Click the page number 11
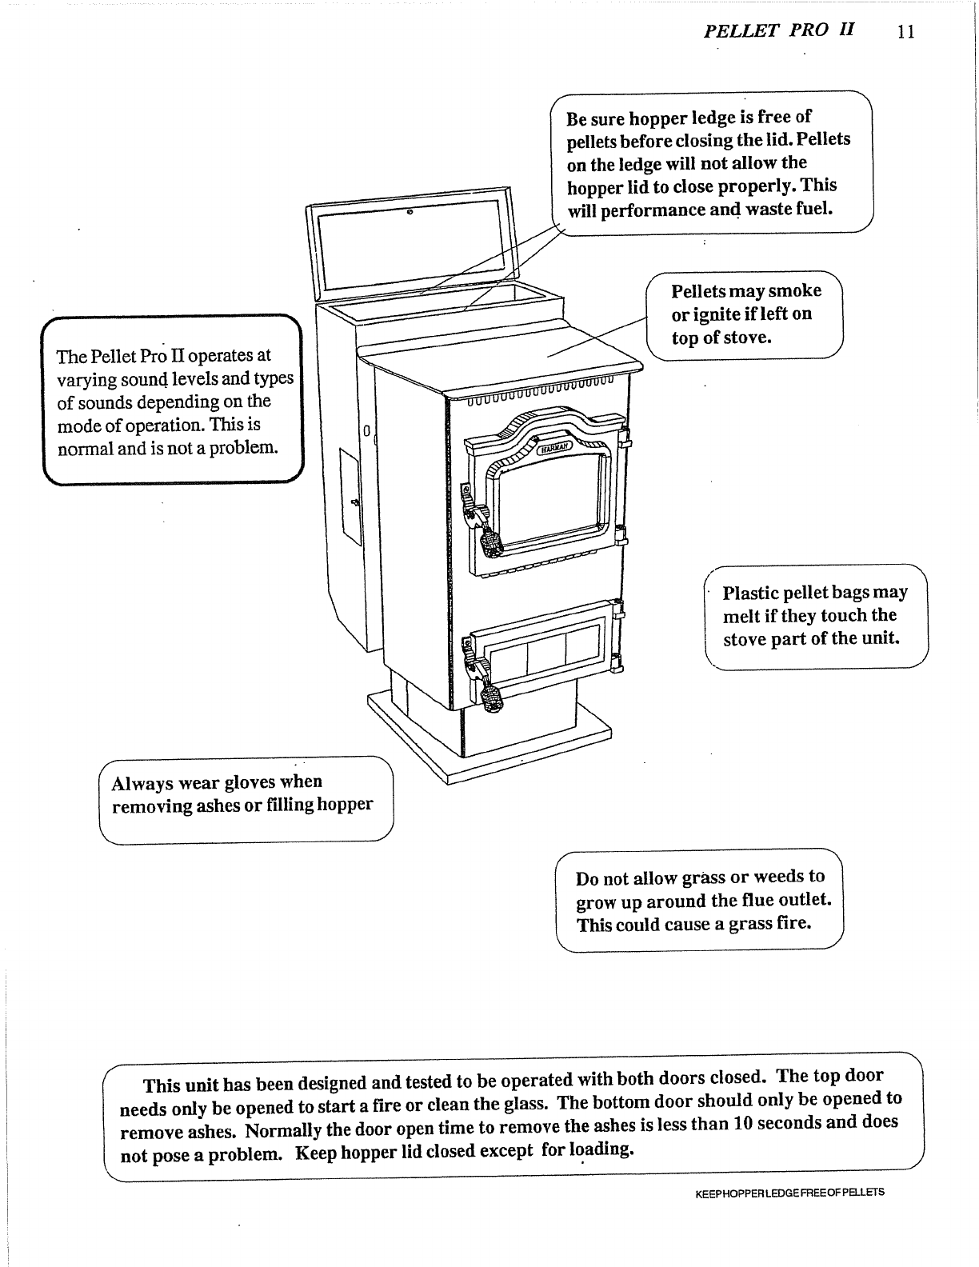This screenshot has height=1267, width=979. [905, 32]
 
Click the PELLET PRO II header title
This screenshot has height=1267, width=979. [779, 30]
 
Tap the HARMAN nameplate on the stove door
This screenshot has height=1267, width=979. [553, 449]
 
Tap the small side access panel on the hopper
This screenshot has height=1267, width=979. [350, 497]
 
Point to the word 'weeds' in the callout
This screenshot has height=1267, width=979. [774, 877]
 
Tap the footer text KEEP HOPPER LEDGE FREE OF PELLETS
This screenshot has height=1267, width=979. [789, 1193]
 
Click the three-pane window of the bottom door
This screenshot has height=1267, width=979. [544, 649]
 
